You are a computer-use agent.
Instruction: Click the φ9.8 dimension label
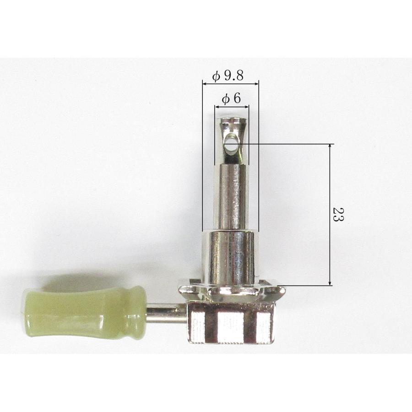pos(228,76)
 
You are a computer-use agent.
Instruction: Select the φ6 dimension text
pos(231,99)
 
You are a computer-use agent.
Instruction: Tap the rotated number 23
pos(338,214)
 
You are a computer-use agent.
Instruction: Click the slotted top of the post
pos(233,121)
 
